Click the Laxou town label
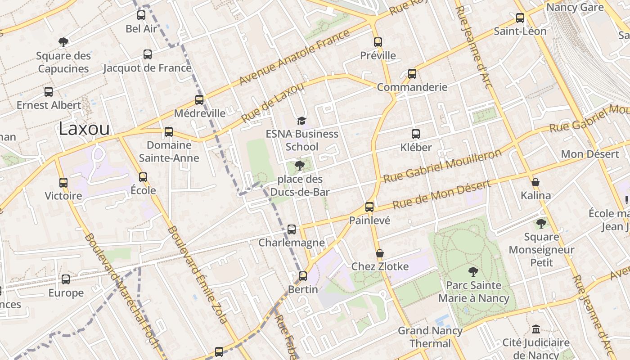click(x=84, y=129)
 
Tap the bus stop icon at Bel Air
click(x=141, y=15)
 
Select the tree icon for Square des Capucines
click(x=63, y=42)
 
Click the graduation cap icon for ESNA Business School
click(x=301, y=121)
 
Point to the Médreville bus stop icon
click(x=199, y=100)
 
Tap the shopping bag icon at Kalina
click(x=535, y=182)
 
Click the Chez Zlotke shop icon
click(x=380, y=253)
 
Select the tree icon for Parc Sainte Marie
click(x=473, y=272)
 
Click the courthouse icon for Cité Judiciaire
click(x=535, y=329)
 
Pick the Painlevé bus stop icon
click(x=369, y=207)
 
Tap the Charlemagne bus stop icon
click(x=292, y=229)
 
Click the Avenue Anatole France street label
click(x=294, y=57)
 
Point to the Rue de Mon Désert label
click(x=441, y=194)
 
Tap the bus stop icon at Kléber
click(x=416, y=134)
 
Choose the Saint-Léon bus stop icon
click(x=520, y=18)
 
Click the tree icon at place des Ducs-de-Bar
click(x=299, y=166)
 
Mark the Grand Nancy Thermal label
click(x=430, y=337)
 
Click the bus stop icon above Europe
click(x=66, y=279)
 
